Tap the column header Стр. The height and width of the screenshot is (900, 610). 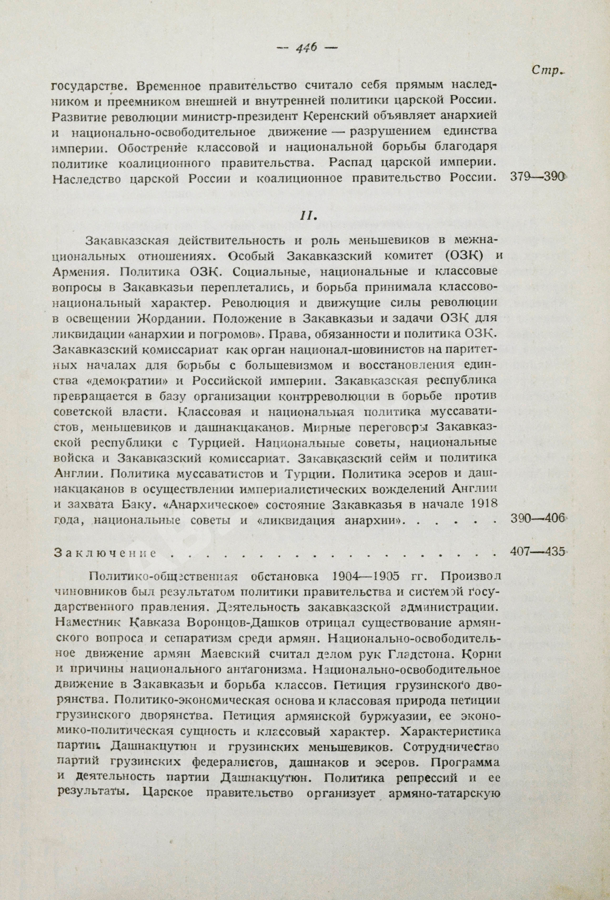(547, 71)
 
